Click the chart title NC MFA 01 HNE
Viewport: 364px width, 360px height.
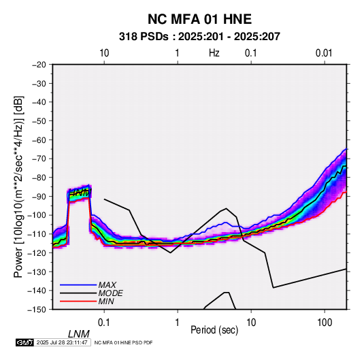click(199, 19)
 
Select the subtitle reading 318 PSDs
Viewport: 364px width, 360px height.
click(144, 37)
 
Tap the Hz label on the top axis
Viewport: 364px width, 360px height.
click(214, 53)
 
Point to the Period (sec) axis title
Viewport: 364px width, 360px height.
click(214, 330)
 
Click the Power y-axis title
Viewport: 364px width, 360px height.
click(18, 187)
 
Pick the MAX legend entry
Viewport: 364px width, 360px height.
click(107, 285)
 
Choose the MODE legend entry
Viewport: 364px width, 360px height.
click(110, 293)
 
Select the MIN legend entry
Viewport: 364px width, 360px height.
click(106, 301)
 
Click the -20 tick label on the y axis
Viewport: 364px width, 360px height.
click(39, 65)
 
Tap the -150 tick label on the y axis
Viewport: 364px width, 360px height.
click(37, 310)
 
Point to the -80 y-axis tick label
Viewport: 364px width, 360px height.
click(39, 178)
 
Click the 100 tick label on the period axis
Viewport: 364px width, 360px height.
click(325, 323)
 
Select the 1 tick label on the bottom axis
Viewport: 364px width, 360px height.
click(178, 323)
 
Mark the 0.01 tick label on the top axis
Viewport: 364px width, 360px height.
click(324, 53)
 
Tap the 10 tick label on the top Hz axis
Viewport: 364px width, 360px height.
click(104, 53)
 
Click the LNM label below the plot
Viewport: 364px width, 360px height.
click(78, 334)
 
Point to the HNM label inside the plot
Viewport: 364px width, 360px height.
click(80, 193)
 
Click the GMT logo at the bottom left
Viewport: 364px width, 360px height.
click(25, 342)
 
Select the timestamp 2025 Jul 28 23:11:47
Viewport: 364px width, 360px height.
click(62, 342)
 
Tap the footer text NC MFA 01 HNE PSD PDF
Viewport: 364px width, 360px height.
click(123, 342)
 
